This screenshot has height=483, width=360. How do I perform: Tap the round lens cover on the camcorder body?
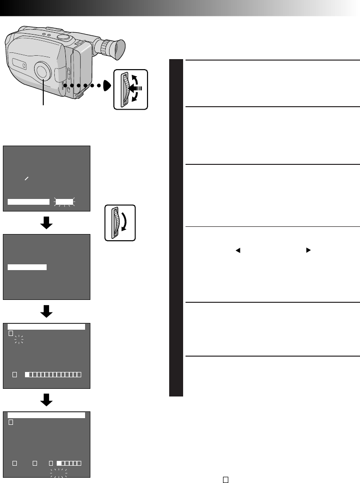(x=43, y=71)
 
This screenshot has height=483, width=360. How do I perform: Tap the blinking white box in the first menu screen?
(x=64, y=202)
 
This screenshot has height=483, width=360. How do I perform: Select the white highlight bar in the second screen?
(x=27, y=267)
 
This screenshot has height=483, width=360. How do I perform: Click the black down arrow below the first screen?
(x=47, y=223)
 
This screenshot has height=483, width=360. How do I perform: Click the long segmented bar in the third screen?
(x=53, y=374)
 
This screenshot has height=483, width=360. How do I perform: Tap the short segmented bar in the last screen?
(x=69, y=463)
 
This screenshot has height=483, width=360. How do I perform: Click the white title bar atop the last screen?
(x=47, y=415)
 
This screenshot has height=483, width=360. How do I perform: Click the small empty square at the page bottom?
(x=225, y=479)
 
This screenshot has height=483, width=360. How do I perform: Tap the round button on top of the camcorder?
(x=62, y=37)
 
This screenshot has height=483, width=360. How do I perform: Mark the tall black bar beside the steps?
(x=176, y=228)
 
